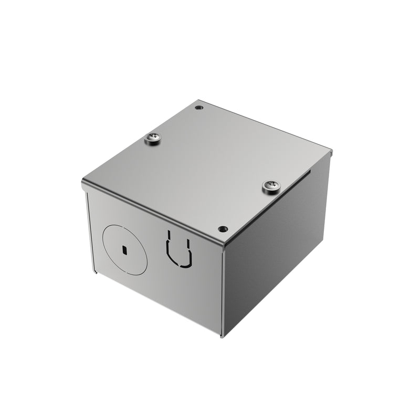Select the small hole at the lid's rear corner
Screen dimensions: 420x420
[x=198, y=108]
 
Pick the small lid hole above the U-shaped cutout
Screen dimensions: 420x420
[x=223, y=229]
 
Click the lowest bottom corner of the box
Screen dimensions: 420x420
[x=222, y=335]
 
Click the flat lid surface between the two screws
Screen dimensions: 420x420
[x=210, y=163]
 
